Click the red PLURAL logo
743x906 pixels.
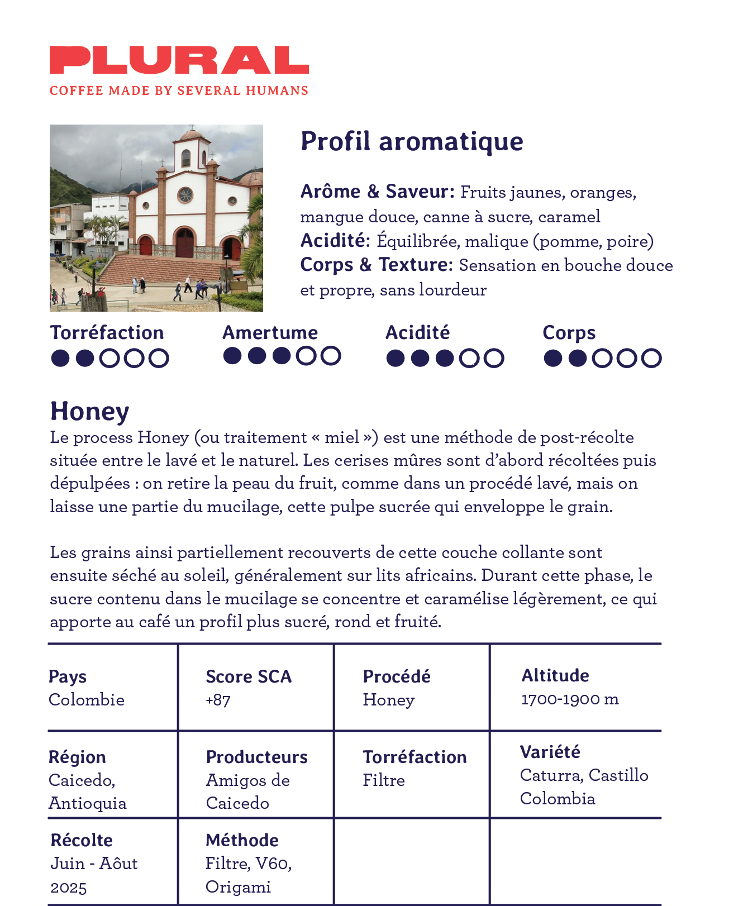tap(179, 60)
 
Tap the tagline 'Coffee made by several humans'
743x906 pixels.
tap(179, 90)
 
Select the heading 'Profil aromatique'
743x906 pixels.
tap(412, 141)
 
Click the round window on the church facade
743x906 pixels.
tap(185, 195)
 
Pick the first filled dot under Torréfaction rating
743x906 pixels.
tap(60, 358)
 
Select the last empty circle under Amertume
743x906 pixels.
tap(331, 355)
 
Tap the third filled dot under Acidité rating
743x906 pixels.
tap(445, 358)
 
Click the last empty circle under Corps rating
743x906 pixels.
tap(651, 358)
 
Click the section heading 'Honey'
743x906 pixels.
tap(89, 411)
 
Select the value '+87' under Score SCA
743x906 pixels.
tap(218, 700)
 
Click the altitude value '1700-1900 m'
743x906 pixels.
tap(570, 699)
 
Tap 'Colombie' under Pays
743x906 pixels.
tap(87, 700)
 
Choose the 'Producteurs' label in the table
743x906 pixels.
tap(256, 757)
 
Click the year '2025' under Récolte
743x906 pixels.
tap(69, 888)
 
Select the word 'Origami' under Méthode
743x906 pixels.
tap(238, 887)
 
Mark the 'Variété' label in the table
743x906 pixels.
tap(550, 752)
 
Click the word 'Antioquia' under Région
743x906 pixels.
tap(88, 803)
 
